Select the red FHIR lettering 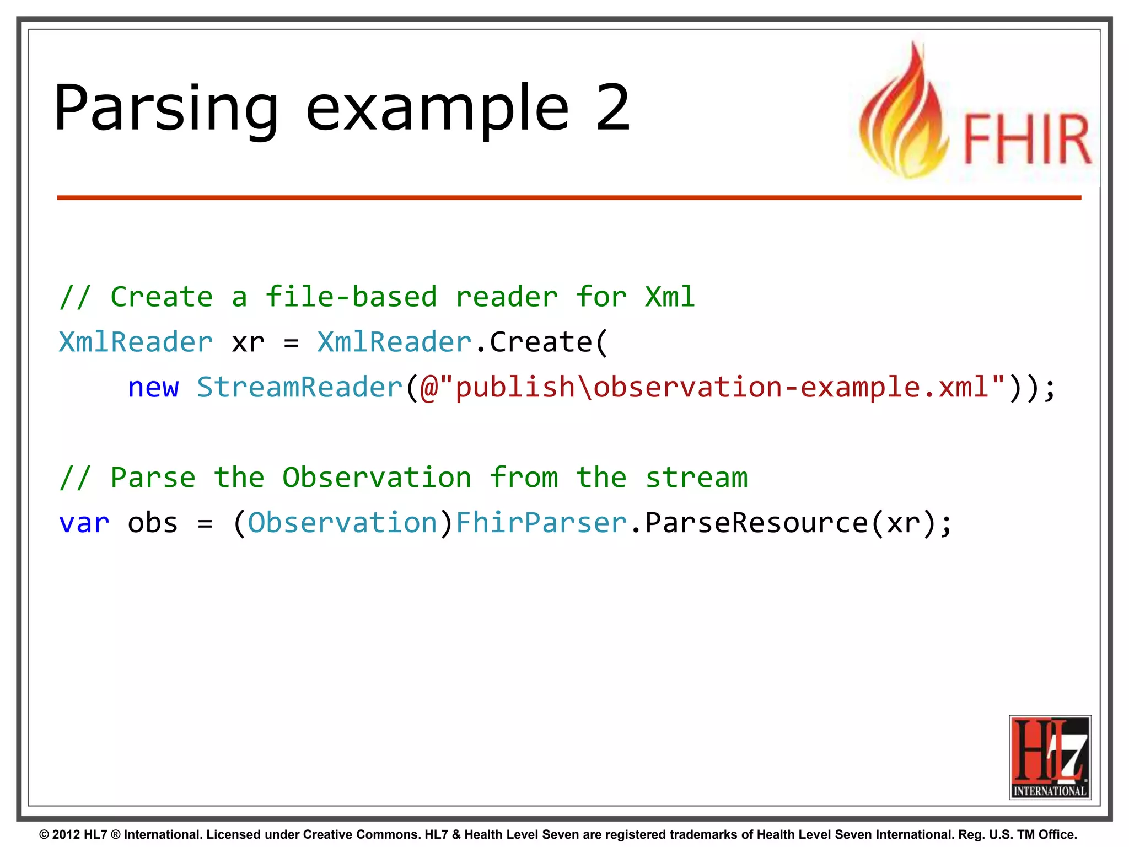(1027, 139)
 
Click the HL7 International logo (1050, 757)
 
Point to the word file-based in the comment (351, 297)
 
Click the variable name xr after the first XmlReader (248, 342)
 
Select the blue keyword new (153, 388)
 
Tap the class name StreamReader (300, 387)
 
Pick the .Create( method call (541, 342)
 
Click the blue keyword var (84, 523)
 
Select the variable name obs (153, 523)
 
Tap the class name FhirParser (541, 523)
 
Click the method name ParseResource (756, 523)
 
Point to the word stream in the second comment (696, 478)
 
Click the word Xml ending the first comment (670, 297)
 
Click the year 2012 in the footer (66, 834)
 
